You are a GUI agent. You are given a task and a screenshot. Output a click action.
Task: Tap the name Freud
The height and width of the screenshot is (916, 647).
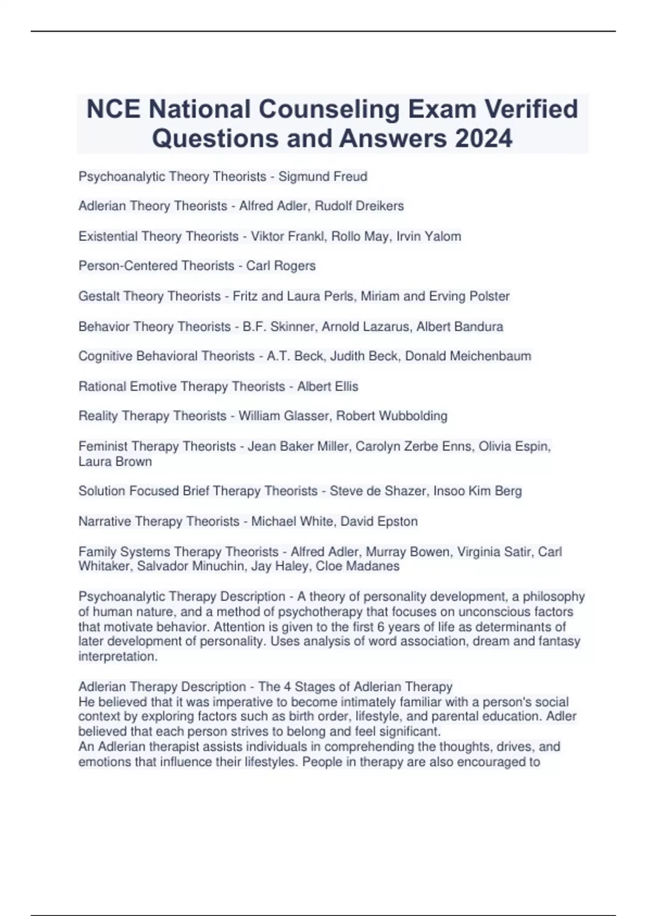tap(350, 177)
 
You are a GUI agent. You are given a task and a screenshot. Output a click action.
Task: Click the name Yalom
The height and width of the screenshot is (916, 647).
tap(444, 237)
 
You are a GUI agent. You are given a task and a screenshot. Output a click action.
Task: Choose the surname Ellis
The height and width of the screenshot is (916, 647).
tap(343, 386)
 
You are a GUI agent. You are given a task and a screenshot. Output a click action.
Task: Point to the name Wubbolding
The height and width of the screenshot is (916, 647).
tap(413, 416)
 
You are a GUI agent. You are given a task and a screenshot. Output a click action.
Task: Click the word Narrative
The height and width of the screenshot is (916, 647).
tap(105, 522)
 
